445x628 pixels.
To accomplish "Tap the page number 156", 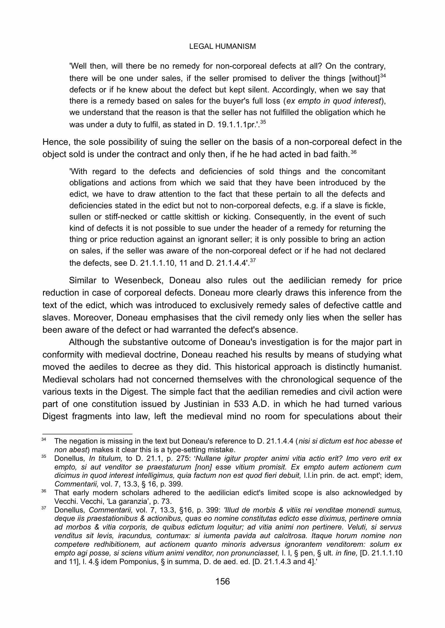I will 222,581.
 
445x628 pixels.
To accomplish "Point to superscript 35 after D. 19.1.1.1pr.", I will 263,122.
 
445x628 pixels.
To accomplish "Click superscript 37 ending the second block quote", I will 253,260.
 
